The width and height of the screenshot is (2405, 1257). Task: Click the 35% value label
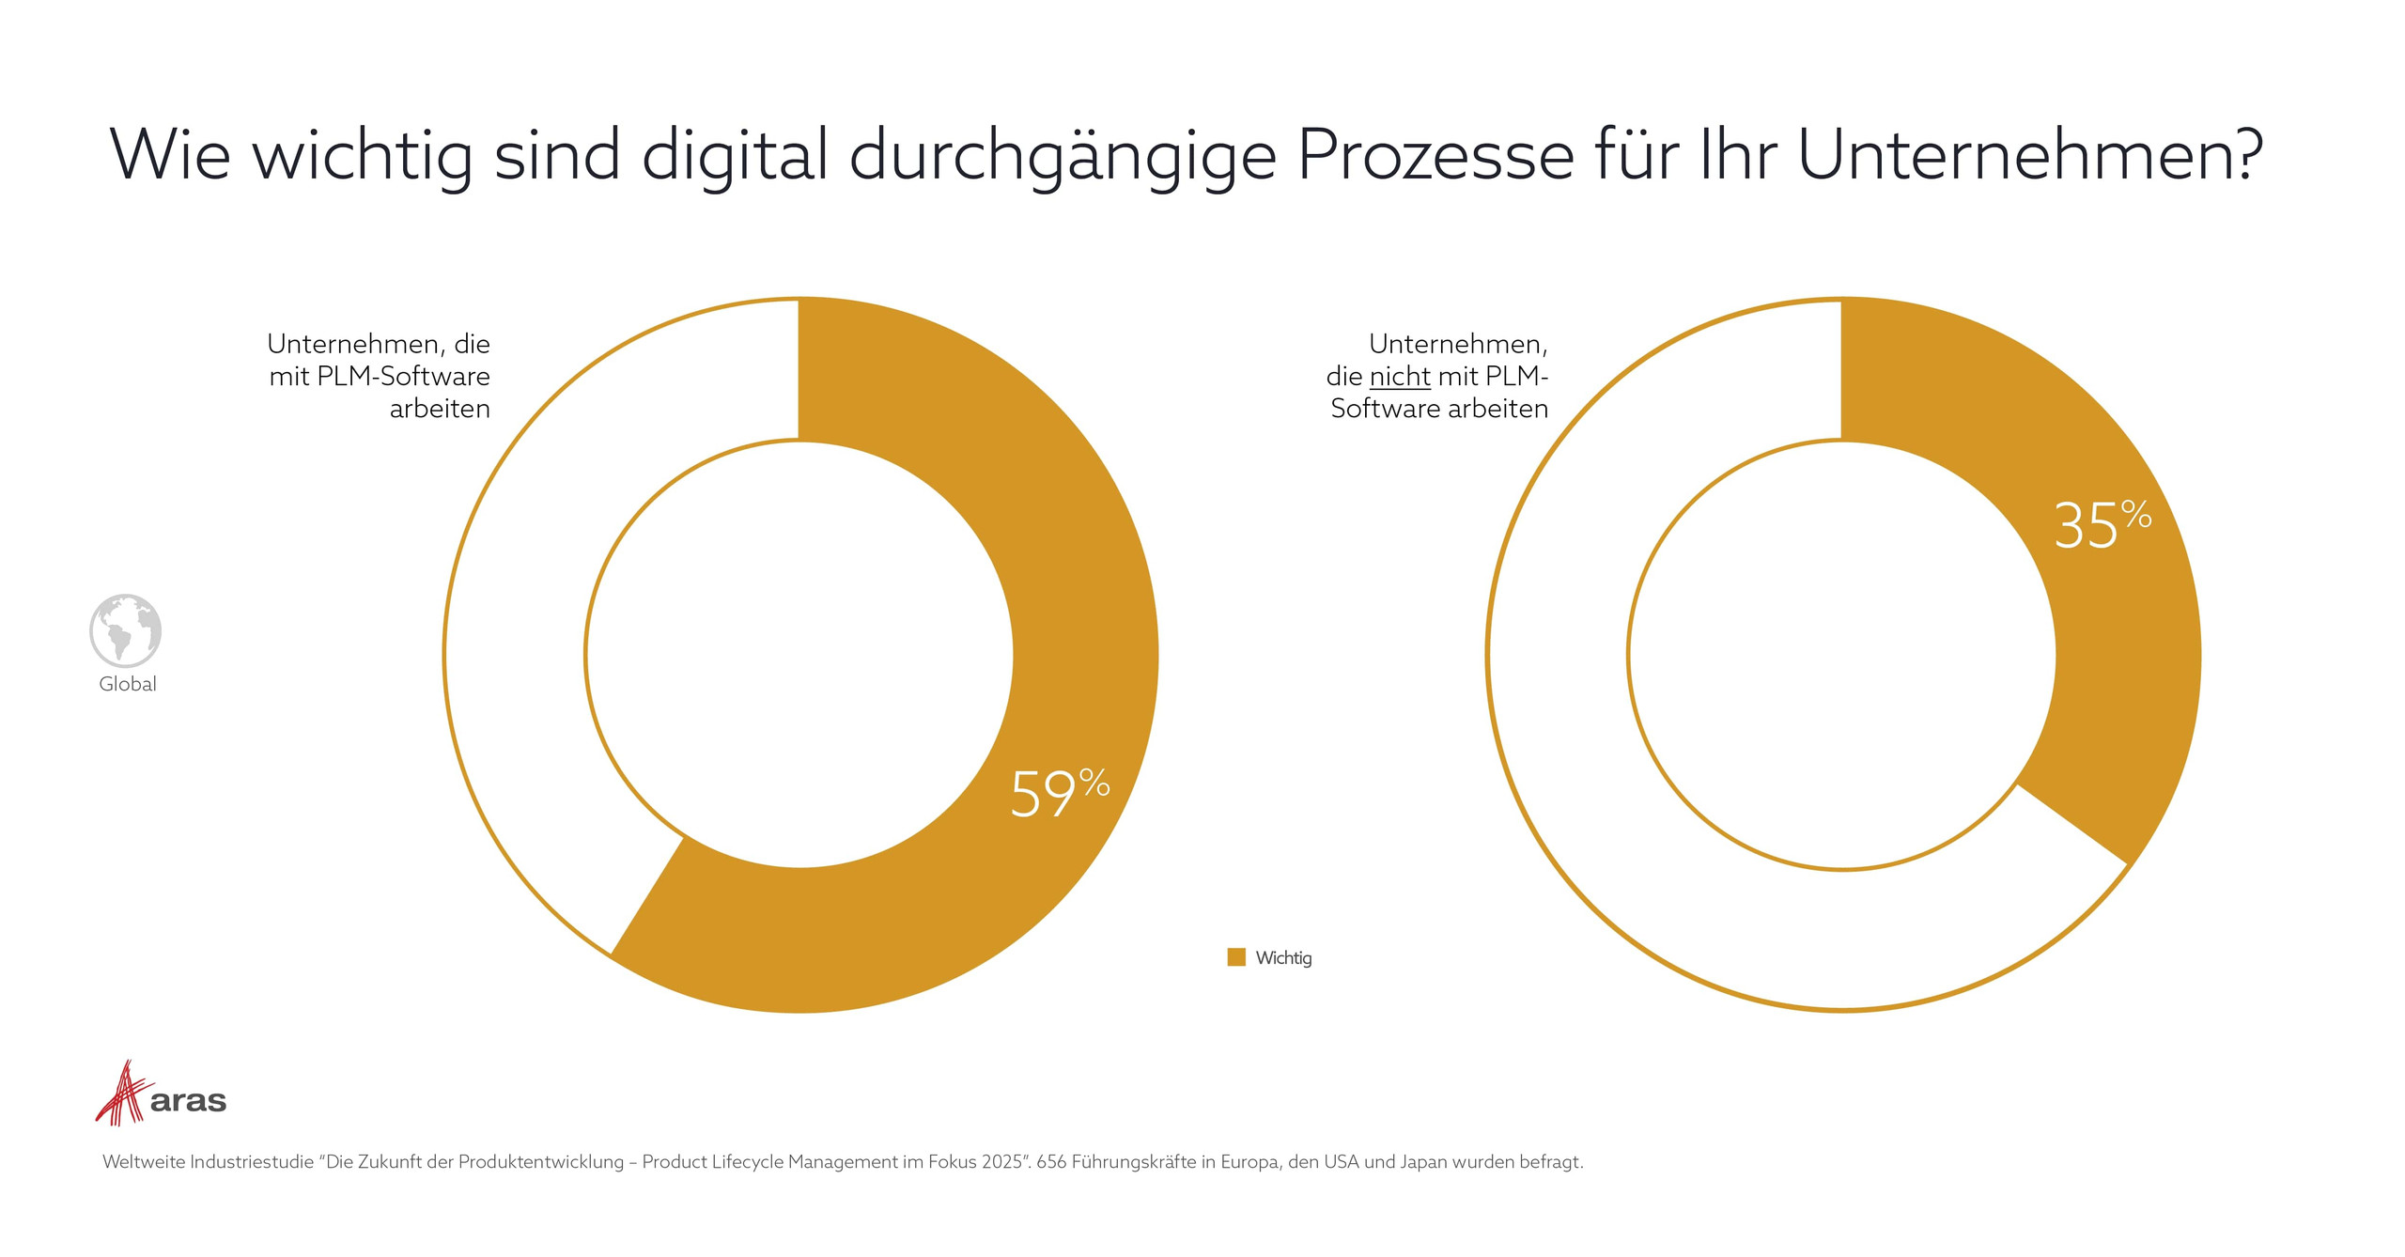2101,525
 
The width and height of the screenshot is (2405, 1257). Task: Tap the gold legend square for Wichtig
1236,957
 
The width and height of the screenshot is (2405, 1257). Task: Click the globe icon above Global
126,630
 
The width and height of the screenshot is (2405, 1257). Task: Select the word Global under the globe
128,684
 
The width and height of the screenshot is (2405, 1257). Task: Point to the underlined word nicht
1400,377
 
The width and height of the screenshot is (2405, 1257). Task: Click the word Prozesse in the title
1435,155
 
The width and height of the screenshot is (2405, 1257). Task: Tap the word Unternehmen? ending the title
2030,155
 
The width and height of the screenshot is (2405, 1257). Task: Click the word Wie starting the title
170,155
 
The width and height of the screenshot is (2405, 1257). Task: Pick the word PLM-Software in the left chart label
403,377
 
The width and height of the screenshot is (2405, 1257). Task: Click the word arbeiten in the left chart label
440,410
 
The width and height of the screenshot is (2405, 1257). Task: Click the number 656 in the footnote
1051,1162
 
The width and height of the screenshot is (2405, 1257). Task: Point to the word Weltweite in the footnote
144,1162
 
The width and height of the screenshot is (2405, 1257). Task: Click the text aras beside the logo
188,1101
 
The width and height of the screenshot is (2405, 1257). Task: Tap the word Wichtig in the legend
1283,958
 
